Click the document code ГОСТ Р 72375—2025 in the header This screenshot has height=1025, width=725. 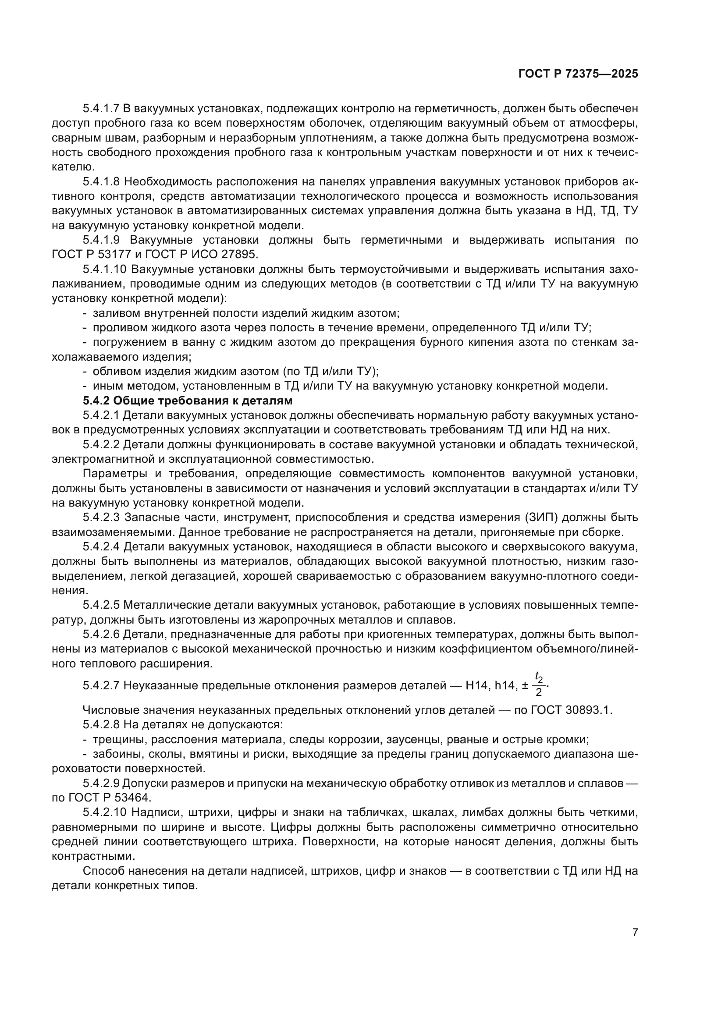point(578,74)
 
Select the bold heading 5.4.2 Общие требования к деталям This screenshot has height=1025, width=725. point(188,401)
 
